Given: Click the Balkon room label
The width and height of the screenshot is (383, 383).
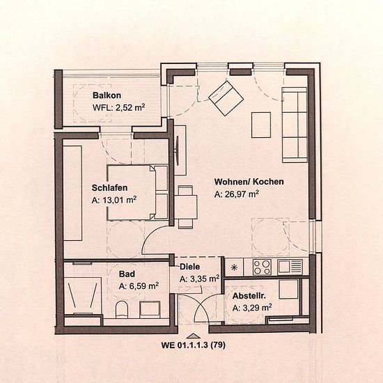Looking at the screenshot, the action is [107, 95].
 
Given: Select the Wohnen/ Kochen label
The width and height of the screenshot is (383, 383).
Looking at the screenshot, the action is [249, 182].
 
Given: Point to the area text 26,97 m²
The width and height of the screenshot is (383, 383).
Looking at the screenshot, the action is [237, 194].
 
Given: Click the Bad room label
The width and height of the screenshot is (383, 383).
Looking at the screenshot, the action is [127, 274].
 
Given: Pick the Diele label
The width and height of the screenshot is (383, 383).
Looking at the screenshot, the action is [190, 267].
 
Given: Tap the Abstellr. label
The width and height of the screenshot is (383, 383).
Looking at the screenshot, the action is [249, 296].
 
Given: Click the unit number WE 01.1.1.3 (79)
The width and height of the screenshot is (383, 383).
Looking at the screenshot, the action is [193, 345].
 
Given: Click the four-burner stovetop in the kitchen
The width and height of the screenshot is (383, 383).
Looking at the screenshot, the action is [262, 267].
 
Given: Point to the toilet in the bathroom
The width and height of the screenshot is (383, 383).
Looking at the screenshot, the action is [122, 309].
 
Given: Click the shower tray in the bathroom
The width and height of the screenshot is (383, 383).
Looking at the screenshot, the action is [83, 295].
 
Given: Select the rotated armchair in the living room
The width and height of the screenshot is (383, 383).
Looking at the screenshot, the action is [226, 98].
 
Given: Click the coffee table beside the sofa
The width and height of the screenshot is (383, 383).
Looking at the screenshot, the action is [261, 125].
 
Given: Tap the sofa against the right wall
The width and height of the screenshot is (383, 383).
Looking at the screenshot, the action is [295, 125].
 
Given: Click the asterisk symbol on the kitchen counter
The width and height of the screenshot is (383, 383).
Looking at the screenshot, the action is [234, 267].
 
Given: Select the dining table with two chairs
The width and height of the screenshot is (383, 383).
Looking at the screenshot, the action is [186, 207].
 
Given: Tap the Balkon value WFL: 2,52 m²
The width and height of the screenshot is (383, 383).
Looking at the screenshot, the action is [118, 107].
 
